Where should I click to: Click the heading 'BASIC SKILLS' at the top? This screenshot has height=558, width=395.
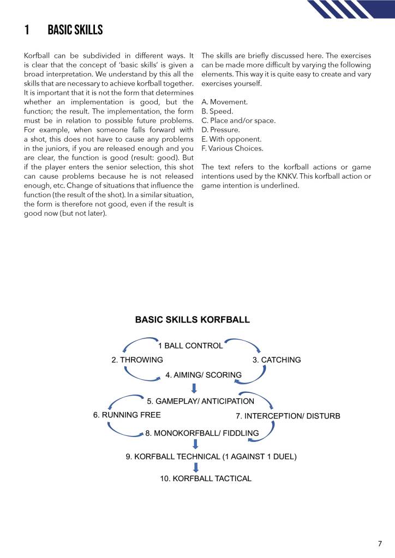click(x=75, y=30)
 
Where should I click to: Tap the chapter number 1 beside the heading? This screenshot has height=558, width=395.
click(x=27, y=30)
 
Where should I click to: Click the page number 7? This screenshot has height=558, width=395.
click(x=380, y=543)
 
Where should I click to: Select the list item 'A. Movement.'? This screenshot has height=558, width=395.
click(x=225, y=102)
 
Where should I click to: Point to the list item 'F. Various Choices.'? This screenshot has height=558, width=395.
click(x=232, y=148)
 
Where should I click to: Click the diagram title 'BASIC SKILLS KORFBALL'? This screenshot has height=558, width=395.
click(x=192, y=320)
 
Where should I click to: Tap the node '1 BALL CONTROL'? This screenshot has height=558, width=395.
click(x=190, y=345)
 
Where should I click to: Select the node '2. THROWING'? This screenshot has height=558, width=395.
click(x=137, y=360)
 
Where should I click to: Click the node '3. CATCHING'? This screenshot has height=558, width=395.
click(x=277, y=360)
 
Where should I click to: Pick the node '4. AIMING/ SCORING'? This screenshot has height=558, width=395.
click(x=204, y=375)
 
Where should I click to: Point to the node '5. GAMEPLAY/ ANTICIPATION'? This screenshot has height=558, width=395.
click(x=201, y=401)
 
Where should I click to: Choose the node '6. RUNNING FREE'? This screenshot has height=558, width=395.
click(x=127, y=415)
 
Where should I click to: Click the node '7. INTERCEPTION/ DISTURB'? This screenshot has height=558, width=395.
click(x=288, y=416)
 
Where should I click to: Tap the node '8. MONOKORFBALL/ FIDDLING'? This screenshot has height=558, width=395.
click(x=202, y=434)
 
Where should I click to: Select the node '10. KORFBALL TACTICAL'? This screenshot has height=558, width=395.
click(x=206, y=478)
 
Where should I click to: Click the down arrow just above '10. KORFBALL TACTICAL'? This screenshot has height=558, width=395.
click(x=196, y=467)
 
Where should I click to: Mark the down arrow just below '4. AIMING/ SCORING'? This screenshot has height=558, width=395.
click(x=193, y=388)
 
